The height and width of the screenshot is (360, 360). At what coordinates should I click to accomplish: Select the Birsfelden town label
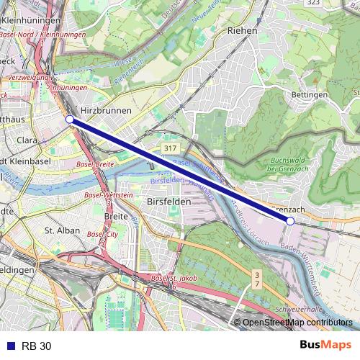click(x=168, y=202)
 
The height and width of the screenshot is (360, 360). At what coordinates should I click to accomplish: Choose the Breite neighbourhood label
click(x=116, y=215)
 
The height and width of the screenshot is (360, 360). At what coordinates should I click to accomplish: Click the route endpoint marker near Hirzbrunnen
click(x=69, y=119)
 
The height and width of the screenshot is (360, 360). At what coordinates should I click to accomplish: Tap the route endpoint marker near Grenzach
click(x=290, y=221)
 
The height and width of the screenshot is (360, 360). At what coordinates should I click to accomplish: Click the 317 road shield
click(x=170, y=148)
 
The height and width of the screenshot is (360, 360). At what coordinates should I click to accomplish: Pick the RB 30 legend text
click(x=36, y=346)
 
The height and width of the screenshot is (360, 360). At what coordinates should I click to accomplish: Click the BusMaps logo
click(x=324, y=346)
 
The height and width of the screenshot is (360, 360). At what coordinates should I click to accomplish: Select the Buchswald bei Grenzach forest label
click(x=291, y=164)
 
